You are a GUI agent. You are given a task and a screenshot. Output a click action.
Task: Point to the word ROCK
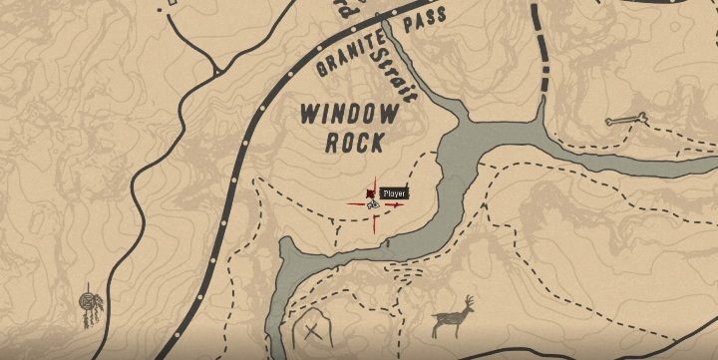[353, 142]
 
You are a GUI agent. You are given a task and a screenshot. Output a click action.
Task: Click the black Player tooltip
[395, 192]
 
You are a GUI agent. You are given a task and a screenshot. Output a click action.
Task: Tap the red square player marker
[372, 190]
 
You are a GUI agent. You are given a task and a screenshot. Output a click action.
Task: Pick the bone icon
[626, 122]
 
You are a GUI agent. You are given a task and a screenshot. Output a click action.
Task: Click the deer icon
[455, 318]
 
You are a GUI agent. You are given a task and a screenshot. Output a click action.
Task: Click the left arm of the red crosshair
[355, 205]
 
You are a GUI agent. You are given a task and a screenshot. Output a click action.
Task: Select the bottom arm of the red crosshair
[375, 225]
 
